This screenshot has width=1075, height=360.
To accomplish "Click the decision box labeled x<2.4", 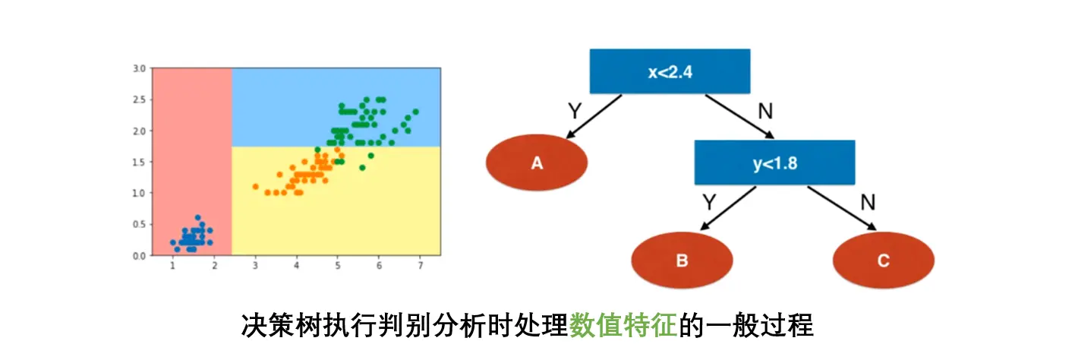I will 670,71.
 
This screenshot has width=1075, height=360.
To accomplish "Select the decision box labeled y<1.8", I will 774,163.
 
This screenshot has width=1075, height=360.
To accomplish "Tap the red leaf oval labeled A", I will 537,163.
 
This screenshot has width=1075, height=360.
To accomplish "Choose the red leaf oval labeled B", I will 682,261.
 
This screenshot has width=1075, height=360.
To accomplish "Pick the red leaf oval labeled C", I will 883,261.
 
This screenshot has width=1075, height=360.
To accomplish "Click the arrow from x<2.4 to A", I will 593,117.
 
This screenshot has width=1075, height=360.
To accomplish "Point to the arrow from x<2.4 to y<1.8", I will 739,117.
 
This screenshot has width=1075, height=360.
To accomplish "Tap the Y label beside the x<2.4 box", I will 575,111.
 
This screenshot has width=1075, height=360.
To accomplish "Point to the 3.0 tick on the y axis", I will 138,68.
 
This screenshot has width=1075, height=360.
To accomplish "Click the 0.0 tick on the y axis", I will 138,255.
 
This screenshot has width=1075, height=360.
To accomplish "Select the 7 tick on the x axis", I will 420,265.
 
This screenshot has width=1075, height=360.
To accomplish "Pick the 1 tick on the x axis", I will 173,265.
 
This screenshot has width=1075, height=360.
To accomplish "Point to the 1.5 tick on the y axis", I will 138,162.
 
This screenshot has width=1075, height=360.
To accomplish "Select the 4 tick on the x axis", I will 296,265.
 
